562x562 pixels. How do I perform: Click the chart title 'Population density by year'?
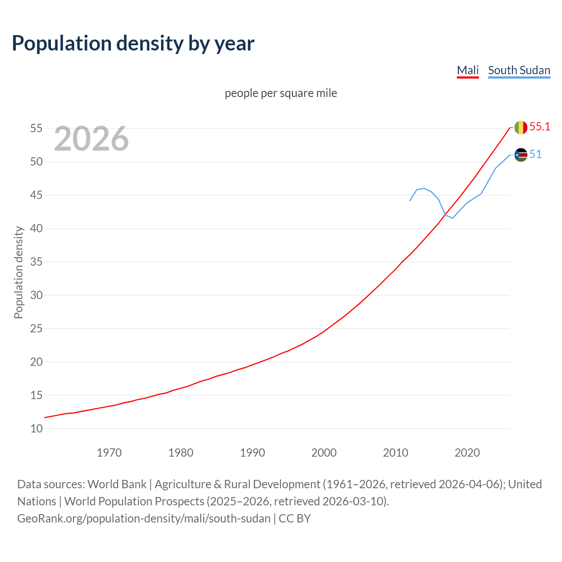(133, 43)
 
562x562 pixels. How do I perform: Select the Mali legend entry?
(468, 70)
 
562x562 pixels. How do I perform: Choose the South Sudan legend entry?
(519, 70)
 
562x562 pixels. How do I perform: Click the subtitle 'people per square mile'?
(281, 93)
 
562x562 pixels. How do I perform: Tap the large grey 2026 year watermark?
(91, 139)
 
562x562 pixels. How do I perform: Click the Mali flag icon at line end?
(521, 127)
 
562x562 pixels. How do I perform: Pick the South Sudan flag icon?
(521, 155)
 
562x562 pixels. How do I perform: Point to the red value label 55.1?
(540, 127)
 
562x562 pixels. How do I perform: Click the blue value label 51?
(535, 155)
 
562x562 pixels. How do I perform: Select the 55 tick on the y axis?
(36, 129)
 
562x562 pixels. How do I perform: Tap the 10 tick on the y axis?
(36, 429)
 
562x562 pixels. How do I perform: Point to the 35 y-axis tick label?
(36, 262)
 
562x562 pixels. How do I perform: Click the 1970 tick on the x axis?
(109, 453)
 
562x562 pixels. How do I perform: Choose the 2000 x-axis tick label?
(324, 453)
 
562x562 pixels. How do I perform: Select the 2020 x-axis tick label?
(467, 453)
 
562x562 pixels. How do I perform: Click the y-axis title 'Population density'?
(18, 272)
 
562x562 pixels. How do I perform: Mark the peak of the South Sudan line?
(423, 188)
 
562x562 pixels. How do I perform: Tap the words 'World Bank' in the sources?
(117, 484)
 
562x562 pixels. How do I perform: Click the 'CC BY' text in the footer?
(295, 519)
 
